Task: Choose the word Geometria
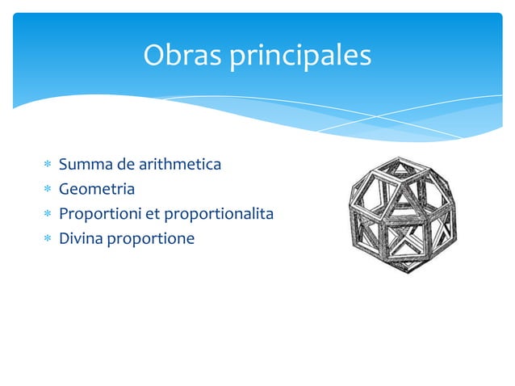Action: point(96,190)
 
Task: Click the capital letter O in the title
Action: point(153,56)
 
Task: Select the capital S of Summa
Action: point(63,165)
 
